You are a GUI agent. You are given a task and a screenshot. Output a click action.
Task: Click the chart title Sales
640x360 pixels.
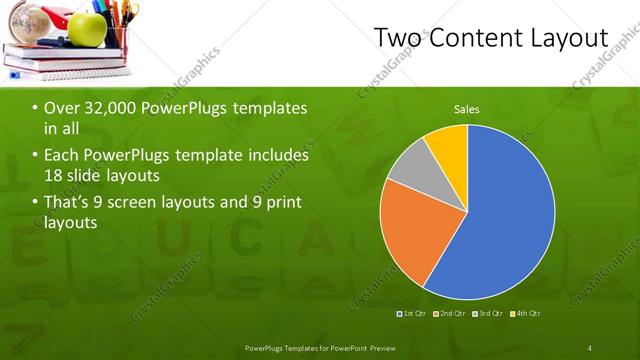click(467, 109)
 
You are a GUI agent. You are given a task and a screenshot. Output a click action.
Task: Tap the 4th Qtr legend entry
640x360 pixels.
click(526, 314)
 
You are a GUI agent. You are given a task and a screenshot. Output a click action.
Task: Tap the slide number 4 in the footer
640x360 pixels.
click(590, 347)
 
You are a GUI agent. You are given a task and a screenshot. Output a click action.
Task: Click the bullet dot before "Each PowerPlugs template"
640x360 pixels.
click(35, 156)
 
